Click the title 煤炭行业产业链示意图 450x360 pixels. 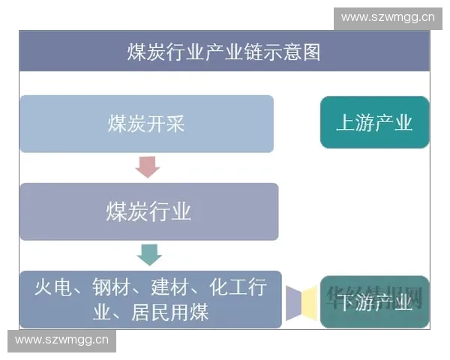224,52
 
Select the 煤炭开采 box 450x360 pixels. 146,124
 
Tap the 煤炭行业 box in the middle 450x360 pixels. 148,211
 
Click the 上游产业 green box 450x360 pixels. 374,122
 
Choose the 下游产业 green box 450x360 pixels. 374,301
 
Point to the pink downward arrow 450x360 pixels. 148,166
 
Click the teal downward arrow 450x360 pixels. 149,254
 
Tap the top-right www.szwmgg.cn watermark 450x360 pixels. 387,16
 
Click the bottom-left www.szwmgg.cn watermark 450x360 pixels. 62,340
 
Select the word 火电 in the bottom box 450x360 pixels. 50,287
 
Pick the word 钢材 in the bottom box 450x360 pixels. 108,287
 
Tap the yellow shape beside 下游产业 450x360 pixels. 307,302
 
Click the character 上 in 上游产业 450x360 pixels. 345,122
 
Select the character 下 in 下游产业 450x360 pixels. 345,301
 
